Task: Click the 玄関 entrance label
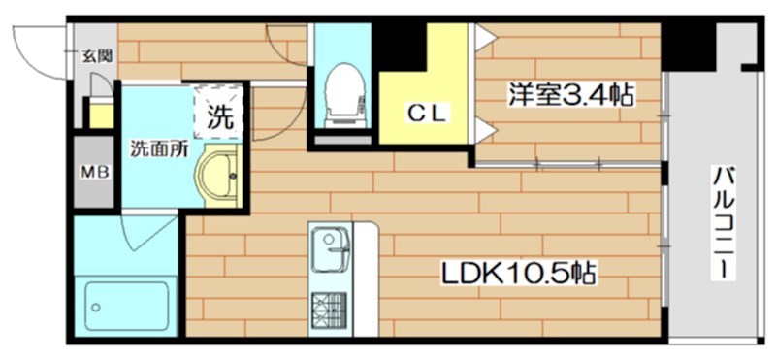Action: pos(95,55)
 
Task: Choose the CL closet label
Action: pos(425,114)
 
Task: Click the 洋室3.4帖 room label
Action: pos(573,95)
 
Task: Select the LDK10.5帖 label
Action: pos(519,273)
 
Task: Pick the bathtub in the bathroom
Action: pos(125,305)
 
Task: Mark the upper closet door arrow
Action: pos(484,38)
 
